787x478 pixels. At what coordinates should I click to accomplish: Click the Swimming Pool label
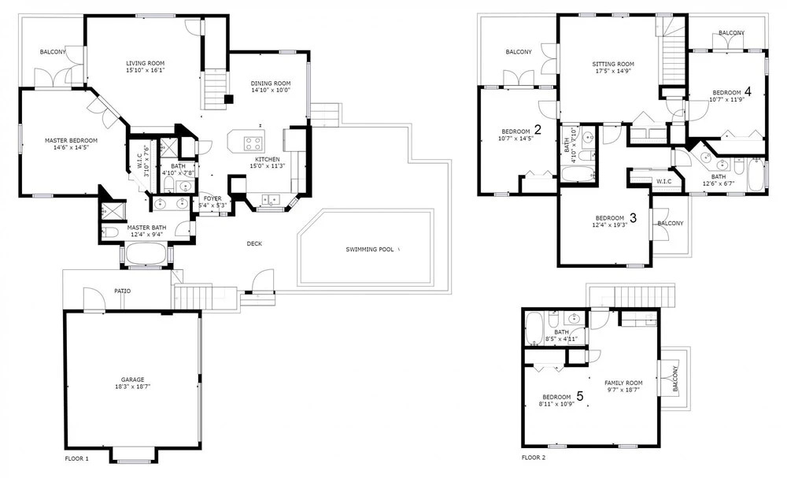(x=369, y=249)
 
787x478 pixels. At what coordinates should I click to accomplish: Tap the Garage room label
(x=132, y=380)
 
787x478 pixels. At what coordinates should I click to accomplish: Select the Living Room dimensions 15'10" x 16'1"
(x=146, y=70)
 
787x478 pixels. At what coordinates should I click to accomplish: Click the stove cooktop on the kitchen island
(x=254, y=143)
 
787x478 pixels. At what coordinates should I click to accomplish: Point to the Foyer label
(x=212, y=198)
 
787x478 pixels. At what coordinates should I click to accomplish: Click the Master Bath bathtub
(x=146, y=254)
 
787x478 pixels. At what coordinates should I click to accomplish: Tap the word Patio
(x=123, y=291)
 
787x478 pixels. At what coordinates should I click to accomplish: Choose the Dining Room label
(x=271, y=83)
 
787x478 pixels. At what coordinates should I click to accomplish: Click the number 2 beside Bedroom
(x=538, y=130)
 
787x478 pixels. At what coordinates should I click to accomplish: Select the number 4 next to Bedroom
(x=748, y=91)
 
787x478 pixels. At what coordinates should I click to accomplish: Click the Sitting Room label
(x=613, y=64)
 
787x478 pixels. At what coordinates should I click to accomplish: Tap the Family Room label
(x=623, y=383)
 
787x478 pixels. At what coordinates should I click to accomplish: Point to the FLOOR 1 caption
(x=77, y=458)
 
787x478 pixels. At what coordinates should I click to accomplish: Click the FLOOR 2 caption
(x=534, y=458)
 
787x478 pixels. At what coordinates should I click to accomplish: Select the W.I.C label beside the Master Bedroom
(x=140, y=158)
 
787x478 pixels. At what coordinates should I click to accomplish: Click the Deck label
(x=254, y=243)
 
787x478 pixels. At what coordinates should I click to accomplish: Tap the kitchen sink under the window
(x=270, y=200)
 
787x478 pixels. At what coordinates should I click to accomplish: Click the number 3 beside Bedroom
(x=633, y=218)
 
